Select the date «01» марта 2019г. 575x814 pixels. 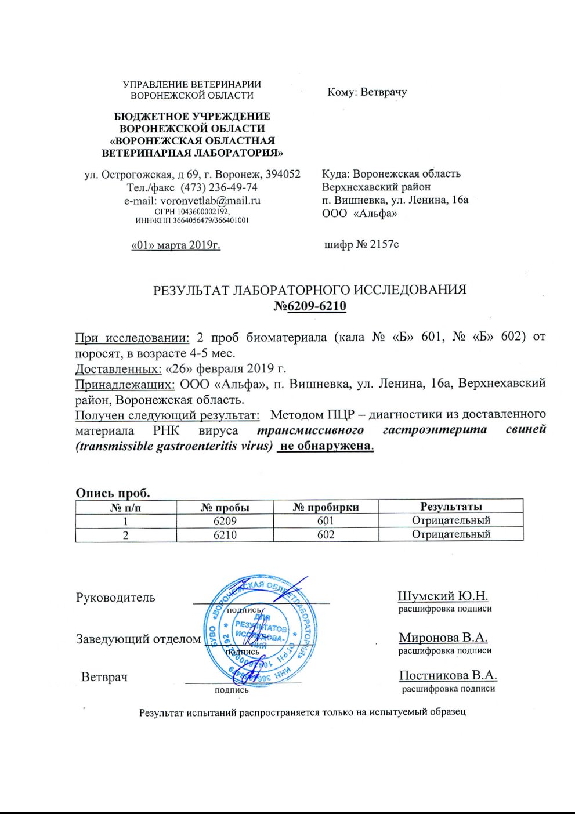click(x=176, y=245)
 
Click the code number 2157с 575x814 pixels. click(x=384, y=244)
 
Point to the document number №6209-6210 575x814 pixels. click(x=310, y=306)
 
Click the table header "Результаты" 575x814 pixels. click(x=451, y=507)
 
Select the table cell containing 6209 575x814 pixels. click(x=225, y=520)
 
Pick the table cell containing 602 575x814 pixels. click(x=326, y=534)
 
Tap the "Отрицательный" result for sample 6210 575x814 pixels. click(x=451, y=534)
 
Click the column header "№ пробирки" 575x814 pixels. click(x=326, y=507)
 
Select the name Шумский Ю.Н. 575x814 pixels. click(x=443, y=596)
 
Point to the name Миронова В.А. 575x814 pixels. click(x=443, y=638)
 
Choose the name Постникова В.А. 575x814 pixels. click(x=448, y=676)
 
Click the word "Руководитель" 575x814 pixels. click(x=115, y=598)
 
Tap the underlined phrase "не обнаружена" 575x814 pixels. click(x=325, y=446)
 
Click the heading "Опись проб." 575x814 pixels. click(x=113, y=493)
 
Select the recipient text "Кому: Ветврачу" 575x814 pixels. click(x=367, y=92)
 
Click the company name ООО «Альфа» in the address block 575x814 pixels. click(x=360, y=214)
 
